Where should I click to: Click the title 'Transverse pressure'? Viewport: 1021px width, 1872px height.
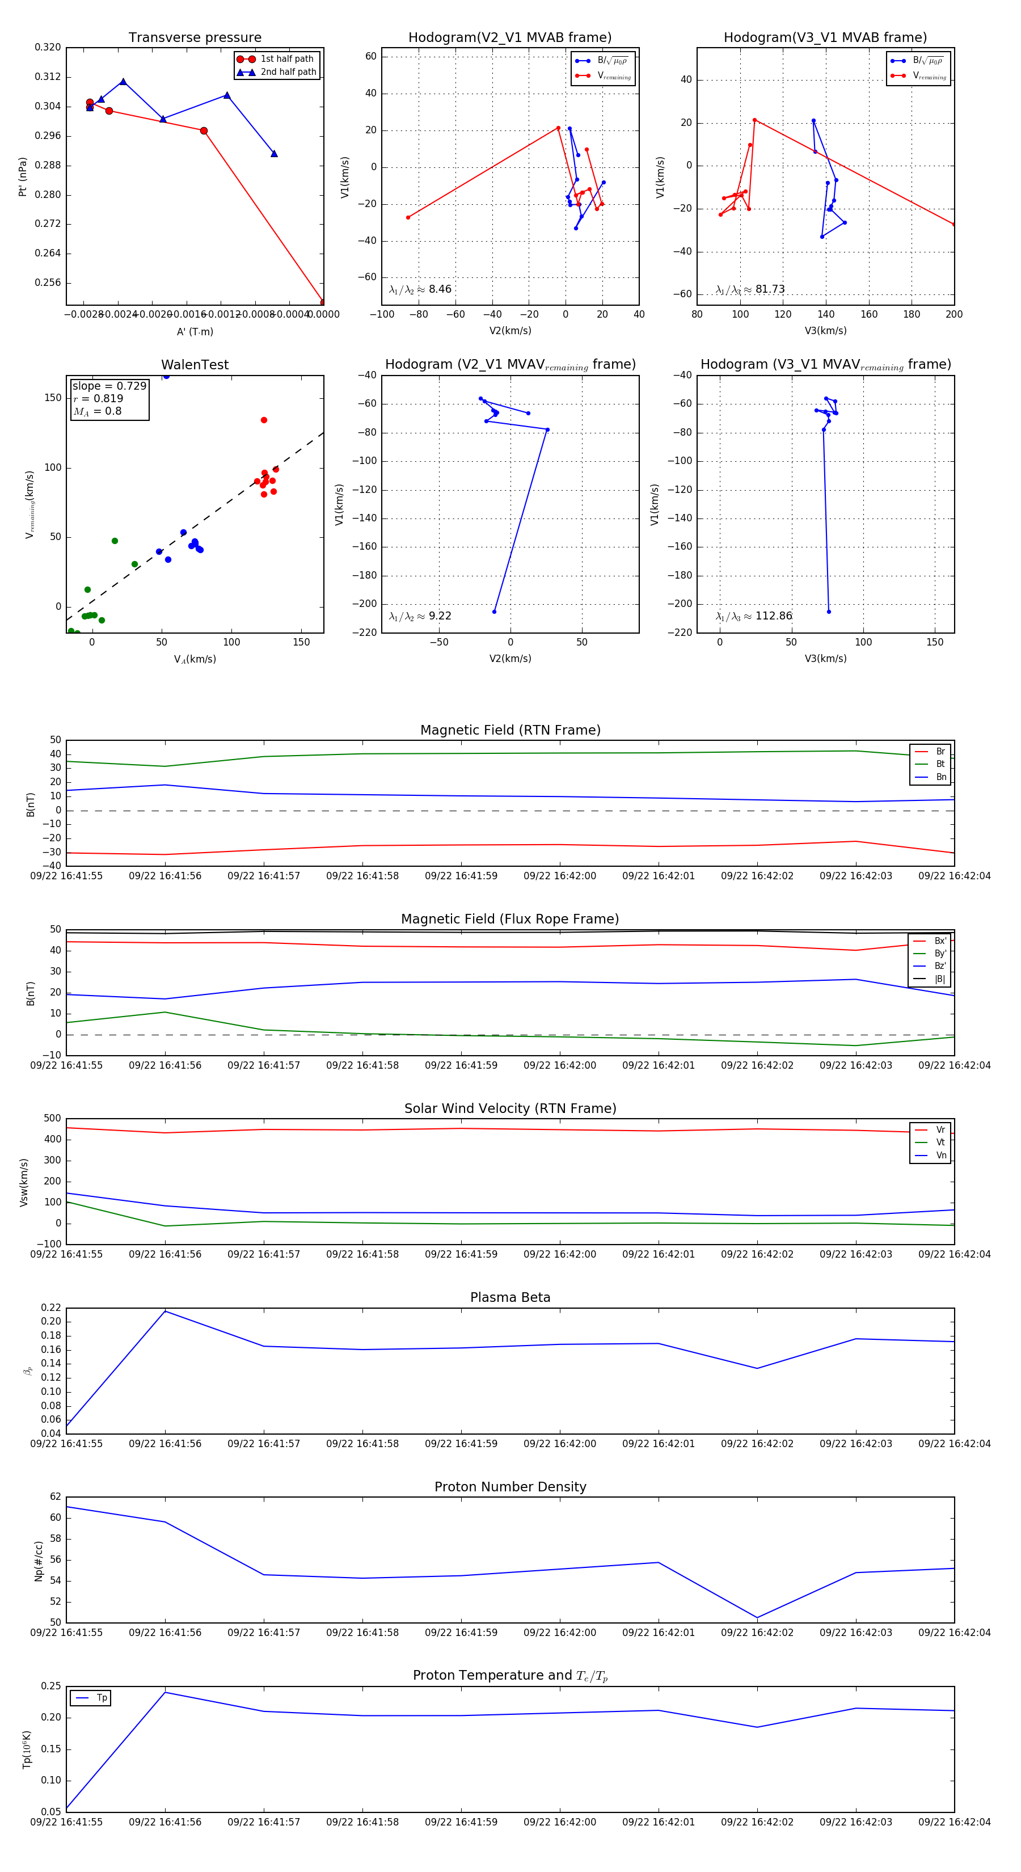pos(195,38)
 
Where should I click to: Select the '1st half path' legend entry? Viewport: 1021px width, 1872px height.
pos(286,59)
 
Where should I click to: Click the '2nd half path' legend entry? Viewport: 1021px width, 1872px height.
pos(288,72)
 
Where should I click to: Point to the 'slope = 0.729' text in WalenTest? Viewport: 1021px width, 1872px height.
pos(109,386)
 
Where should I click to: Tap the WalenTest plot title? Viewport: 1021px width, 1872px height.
pos(195,365)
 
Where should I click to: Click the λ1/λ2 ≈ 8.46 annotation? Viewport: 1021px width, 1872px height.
pos(420,289)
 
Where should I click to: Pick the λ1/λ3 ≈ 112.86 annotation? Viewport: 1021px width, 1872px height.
pos(754,616)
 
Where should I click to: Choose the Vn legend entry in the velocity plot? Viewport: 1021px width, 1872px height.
pos(940,1156)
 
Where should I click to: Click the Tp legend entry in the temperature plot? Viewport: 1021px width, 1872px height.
pos(101,1698)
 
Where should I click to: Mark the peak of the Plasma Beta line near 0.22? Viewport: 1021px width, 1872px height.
pos(165,1311)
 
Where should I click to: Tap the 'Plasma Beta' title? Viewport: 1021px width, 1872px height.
pos(510,1298)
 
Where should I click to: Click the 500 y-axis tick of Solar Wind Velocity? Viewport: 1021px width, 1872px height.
pos(52,1119)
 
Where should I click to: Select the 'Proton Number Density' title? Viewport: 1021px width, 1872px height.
pos(510,1487)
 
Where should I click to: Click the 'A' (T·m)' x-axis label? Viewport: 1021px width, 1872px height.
pos(195,331)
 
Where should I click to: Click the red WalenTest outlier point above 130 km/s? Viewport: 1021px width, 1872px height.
pos(264,420)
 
